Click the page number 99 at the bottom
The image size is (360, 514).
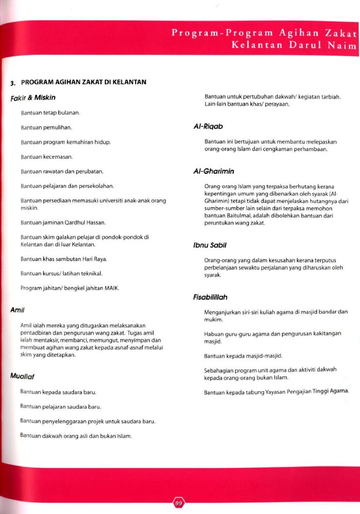point(179,503)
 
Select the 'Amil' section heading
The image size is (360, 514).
point(17,310)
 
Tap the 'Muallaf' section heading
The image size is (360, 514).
point(22,376)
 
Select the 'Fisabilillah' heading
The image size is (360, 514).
point(210,297)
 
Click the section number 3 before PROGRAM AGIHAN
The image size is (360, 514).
point(13,83)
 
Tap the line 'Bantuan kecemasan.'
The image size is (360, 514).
point(47,156)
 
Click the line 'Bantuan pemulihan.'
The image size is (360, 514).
point(46,126)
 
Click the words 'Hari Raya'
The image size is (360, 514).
point(94,259)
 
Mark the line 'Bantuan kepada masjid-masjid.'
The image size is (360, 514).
point(243,356)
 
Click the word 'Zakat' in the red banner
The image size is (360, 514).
point(340,33)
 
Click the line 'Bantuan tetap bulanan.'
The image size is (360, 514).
point(50,112)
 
